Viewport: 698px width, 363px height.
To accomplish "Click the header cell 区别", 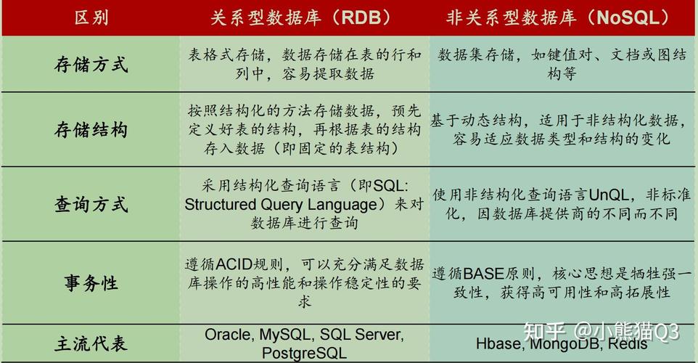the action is pyautogui.click(x=91, y=18).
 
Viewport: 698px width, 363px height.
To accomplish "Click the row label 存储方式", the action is pyautogui.click(x=91, y=64).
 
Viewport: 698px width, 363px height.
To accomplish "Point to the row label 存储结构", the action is pyautogui.click(x=91, y=130).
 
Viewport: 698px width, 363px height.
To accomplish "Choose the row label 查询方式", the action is pyautogui.click(x=91, y=204).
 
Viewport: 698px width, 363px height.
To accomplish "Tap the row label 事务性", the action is pyautogui.click(x=91, y=283).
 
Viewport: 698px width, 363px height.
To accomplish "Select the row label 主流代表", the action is pyautogui.click(x=91, y=343).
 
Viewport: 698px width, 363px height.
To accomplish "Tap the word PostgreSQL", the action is pyautogui.click(x=304, y=353).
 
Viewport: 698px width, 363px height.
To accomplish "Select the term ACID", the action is pyautogui.click(x=234, y=264).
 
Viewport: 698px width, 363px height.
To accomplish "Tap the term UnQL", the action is pyautogui.click(x=608, y=195).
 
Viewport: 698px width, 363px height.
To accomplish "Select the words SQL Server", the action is pyautogui.click(x=361, y=335).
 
